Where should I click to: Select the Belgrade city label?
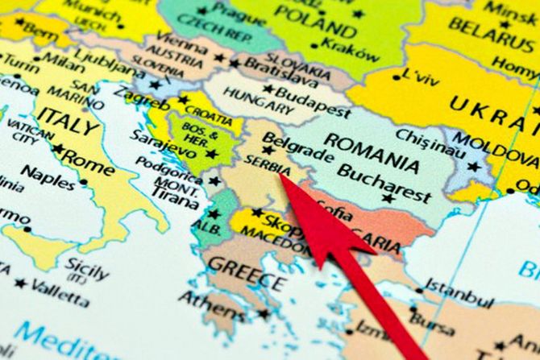click(298, 145)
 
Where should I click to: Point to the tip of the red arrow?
click(281, 175)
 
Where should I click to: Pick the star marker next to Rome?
click(58, 149)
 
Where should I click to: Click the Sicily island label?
click(86, 266)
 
